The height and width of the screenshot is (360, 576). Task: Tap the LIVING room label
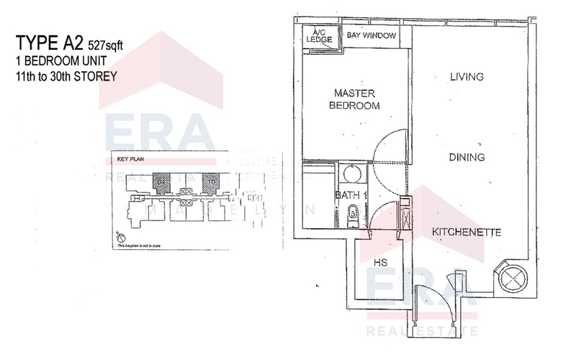tap(466, 76)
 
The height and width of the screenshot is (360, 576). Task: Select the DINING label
tap(467, 157)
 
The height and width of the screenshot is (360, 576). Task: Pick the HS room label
tap(381, 264)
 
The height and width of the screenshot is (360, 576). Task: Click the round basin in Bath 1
tap(352, 174)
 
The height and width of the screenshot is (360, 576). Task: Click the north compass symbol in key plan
tap(120, 237)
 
